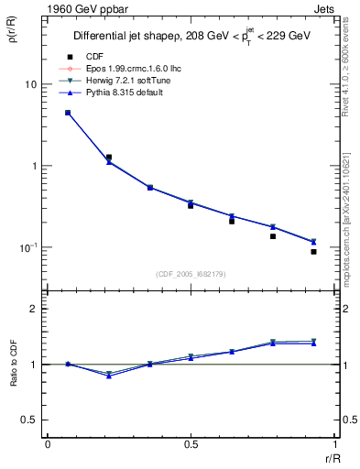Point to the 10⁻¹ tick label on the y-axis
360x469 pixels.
pyautogui.click(x=27, y=247)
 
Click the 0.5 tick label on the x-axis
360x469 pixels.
pyautogui.click(x=191, y=444)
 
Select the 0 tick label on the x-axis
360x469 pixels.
pyautogui.click(x=48, y=444)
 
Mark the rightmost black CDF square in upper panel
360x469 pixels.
pyautogui.click(x=313, y=251)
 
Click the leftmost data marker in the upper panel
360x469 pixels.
pyautogui.click(x=68, y=113)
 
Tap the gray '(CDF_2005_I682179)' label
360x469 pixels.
pyautogui.click(x=191, y=273)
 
